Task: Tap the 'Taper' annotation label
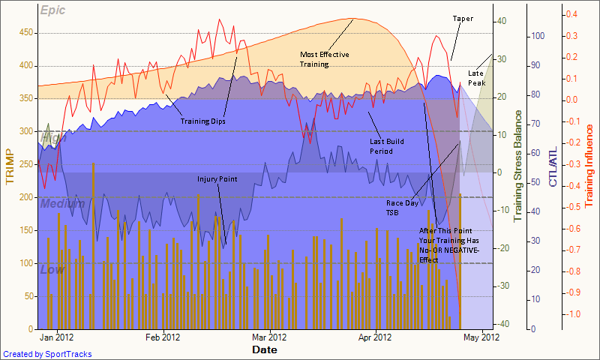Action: [463, 18]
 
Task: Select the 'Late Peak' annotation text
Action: [476, 77]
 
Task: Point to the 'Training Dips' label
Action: [202, 121]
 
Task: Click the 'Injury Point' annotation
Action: [217, 179]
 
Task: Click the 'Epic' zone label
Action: [52, 10]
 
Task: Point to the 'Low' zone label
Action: [52, 269]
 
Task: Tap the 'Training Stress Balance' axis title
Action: [517, 166]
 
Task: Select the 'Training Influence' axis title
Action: [589, 166]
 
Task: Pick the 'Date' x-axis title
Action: [263, 349]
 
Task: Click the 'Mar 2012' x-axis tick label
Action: [268, 337]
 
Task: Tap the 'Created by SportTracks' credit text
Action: [47, 354]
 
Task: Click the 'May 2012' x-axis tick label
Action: [481, 337]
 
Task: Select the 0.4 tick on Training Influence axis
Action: [571, 14]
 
